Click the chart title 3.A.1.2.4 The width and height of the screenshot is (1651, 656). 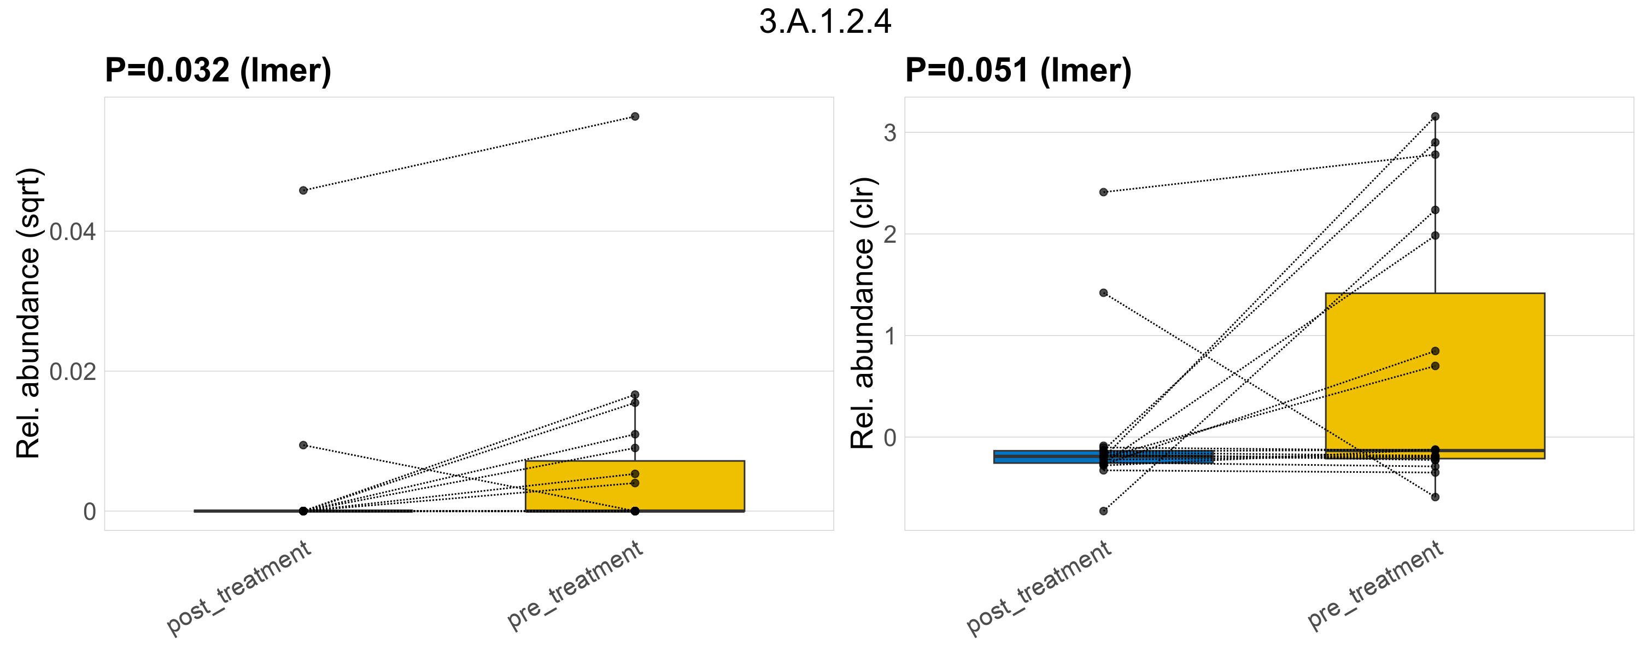825,22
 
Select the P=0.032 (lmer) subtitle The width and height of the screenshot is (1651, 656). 218,70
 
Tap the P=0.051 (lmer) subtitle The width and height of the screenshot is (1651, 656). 1018,70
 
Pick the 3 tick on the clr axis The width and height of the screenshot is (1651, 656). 889,133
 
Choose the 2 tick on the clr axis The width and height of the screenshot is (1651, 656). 889,235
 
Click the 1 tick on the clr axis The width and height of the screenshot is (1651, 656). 889,336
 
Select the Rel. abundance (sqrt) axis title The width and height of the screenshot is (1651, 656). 28,313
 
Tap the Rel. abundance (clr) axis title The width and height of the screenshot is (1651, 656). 862,313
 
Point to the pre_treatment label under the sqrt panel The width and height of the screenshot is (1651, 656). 576,585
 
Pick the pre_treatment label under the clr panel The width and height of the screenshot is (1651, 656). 1375,585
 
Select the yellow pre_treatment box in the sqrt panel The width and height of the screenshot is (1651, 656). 635,485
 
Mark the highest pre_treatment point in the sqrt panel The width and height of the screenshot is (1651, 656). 635,116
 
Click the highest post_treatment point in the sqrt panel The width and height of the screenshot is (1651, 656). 303,190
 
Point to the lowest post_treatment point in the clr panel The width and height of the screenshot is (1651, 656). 1103,511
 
